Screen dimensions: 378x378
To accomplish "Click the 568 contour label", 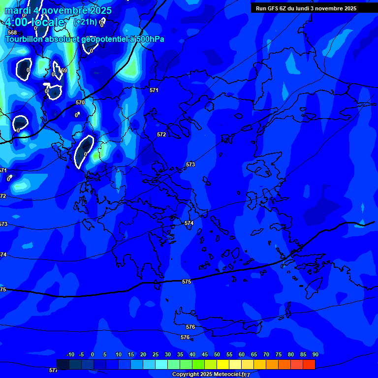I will tap(12, 32).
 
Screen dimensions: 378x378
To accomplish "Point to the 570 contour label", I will tap(80, 102).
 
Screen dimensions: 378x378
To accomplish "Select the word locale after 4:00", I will tap(47, 22).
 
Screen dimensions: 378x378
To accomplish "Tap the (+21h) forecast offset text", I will tap(85, 22).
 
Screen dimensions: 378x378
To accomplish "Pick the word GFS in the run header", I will tap(273, 8).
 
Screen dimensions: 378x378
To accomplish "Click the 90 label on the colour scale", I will tap(315, 354).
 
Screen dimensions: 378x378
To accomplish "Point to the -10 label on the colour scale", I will tap(70, 354).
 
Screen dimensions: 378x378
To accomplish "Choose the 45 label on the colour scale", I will tap(217, 354).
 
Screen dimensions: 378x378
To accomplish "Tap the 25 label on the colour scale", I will tap(156, 354).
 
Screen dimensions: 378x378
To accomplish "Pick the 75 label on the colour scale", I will tap(279, 354).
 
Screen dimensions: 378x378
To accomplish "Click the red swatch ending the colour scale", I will tap(309, 364).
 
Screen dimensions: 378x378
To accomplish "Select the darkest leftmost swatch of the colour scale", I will tap(63, 364).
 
